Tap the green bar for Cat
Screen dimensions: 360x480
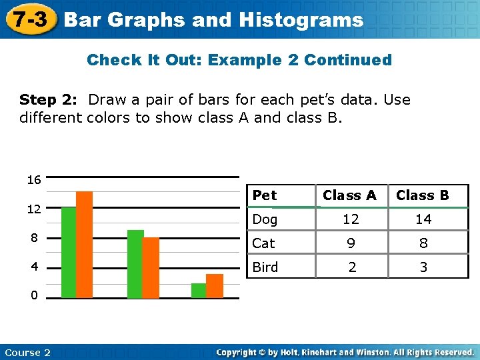(x=135, y=263)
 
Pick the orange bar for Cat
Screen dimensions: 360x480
(x=151, y=267)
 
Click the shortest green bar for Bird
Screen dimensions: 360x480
(x=199, y=290)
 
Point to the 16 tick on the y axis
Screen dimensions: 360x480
(x=33, y=180)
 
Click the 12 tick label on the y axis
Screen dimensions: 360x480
(x=33, y=209)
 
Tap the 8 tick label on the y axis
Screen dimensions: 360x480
(x=33, y=238)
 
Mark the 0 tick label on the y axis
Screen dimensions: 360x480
(x=33, y=295)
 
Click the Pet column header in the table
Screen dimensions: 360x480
(x=265, y=195)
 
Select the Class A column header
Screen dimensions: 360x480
(x=349, y=195)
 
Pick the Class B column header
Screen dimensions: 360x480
(x=423, y=195)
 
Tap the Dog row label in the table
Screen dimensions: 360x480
(x=265, y=219)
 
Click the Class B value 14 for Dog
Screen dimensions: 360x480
(x=423, y=219)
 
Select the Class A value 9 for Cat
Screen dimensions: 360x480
(x=351, y=244)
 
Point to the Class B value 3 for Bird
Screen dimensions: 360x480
(x=423, y=268)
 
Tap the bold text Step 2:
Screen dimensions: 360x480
(x=48, y=100)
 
